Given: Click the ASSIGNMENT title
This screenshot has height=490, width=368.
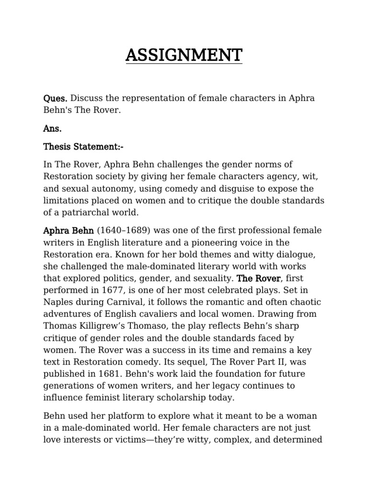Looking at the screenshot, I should coord(184,56).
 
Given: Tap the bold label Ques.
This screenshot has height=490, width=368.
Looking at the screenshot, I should coord(56,99).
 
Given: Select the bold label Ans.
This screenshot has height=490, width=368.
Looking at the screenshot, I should coord(53,129).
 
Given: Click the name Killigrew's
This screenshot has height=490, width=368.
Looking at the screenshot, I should coord(98,314).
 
